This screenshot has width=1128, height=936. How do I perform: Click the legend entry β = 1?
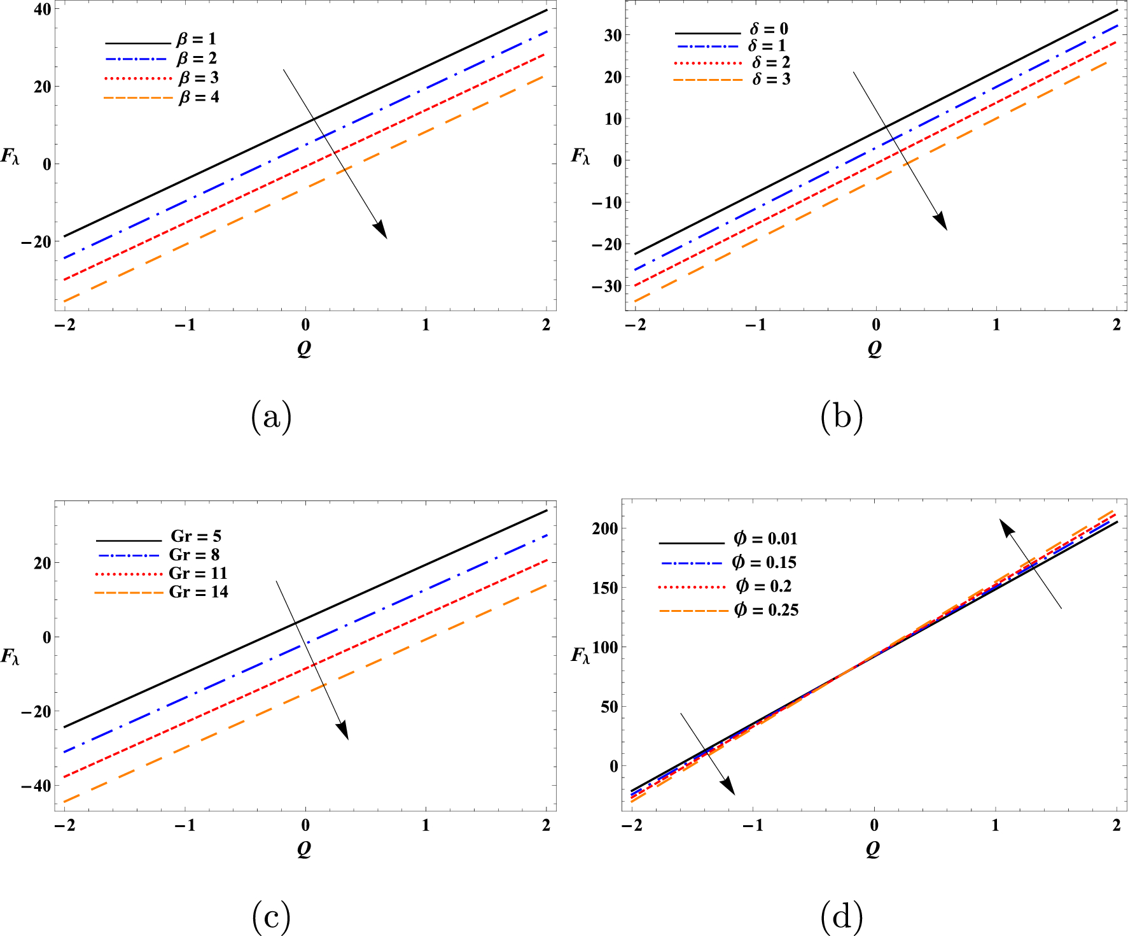(x=197, y=39)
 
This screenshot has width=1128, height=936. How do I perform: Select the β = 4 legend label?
(x=198, y=97)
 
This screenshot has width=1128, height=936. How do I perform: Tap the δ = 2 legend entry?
(x=771, y=62)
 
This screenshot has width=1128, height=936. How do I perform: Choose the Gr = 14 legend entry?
(x=198, y=592)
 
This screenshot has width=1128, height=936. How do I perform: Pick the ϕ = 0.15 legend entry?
(x=764, y=562)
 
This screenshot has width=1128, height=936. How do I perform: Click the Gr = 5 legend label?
(x=196, y=536)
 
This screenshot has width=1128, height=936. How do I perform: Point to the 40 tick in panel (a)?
(x=43, y=10)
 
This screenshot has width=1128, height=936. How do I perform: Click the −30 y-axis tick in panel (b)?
(x=606, y=286)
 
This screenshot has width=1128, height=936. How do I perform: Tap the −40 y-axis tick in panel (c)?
(x=36, y=786)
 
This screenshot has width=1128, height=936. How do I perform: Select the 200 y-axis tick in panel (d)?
(x=604, y=528)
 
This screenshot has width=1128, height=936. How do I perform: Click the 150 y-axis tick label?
(x=604, y=588)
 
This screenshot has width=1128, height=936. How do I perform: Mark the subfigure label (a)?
(x=272, y=417)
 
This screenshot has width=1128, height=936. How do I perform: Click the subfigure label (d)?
(x=841, y=917)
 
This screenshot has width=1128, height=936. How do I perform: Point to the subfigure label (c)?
(x=272, y=917)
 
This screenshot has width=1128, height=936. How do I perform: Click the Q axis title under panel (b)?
(x=875, y=348)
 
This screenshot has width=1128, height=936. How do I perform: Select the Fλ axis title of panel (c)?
(x=11, y=656)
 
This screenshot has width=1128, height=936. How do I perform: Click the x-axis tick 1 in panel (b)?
(x=996, y=325)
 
